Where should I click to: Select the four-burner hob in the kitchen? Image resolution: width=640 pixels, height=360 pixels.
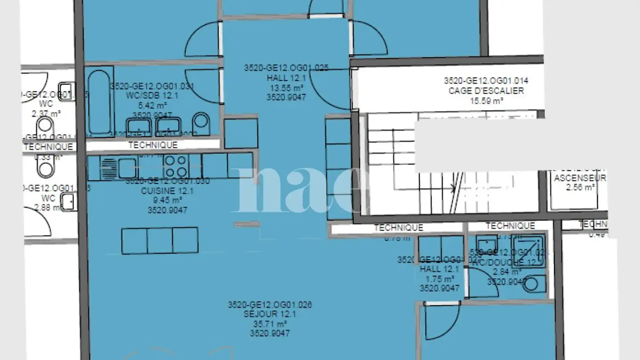click(176, 166)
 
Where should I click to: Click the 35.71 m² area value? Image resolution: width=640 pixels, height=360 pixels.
click(269, 324)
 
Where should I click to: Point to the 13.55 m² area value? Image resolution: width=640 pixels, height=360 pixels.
click(286, 88)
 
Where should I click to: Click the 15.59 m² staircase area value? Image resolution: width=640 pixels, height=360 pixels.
click(486, 101)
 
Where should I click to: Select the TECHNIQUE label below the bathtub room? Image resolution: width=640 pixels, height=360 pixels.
click(153, 145)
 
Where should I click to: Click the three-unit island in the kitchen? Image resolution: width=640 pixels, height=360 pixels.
click(160, 240)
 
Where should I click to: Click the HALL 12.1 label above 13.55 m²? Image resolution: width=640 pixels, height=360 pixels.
click(286, 78)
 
